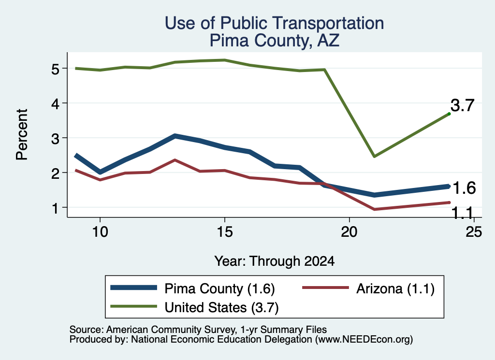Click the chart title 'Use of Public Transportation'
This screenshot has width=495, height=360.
pos(275,23)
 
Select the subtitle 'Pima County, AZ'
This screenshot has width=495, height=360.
pos(275,41)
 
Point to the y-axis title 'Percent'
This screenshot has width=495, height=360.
pos(22,135)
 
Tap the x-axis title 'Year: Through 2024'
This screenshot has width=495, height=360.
pos(275,261)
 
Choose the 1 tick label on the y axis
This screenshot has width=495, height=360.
pos(56,208)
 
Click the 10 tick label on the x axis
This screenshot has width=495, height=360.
pos(100,232)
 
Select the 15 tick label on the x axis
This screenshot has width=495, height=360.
pos(225,232)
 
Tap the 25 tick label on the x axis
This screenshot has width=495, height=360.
pos(474,232)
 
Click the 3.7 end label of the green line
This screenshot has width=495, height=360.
pos(462,105)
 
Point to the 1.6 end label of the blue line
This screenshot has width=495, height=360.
pos(464,188)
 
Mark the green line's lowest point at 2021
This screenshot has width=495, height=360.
pos(374,156)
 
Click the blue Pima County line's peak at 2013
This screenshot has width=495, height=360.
pos(175,136)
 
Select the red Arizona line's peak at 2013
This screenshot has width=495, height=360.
pos(175,160)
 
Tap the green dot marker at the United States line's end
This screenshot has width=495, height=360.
pos(449,114)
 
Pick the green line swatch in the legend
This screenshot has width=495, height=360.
pos(133,306)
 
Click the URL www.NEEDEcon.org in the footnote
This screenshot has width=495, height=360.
pos(364,340)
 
